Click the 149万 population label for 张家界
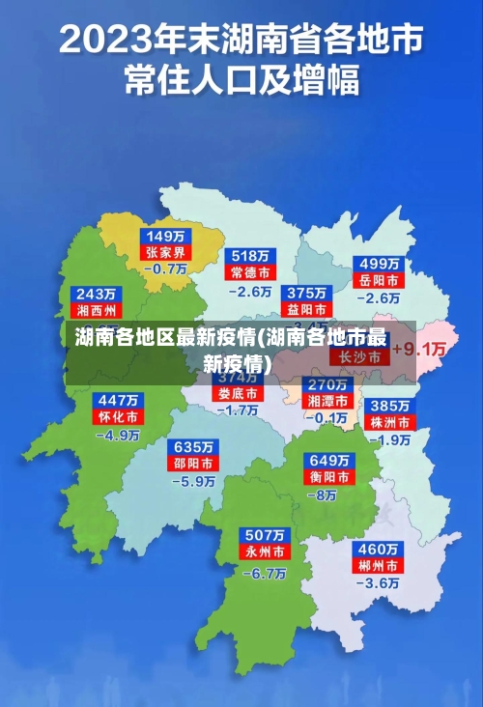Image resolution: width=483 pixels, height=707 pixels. [167, 236]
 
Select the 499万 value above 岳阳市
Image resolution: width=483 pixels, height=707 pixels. [380, 263]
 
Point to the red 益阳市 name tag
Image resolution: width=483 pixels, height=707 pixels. [306, 309]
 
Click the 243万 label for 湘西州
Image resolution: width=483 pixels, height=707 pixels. [97, 294]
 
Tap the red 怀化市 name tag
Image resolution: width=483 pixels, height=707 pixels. [118, 416]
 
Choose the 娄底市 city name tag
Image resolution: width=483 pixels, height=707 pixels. [237, 394]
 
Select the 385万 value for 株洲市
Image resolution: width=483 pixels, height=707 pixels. [391, 406]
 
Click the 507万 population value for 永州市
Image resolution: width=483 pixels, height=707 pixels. [264, 535]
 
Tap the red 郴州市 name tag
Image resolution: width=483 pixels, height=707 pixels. [379, 565]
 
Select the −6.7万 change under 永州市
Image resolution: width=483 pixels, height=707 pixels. [263, 573]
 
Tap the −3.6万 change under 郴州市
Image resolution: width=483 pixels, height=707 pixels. [378, 583]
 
